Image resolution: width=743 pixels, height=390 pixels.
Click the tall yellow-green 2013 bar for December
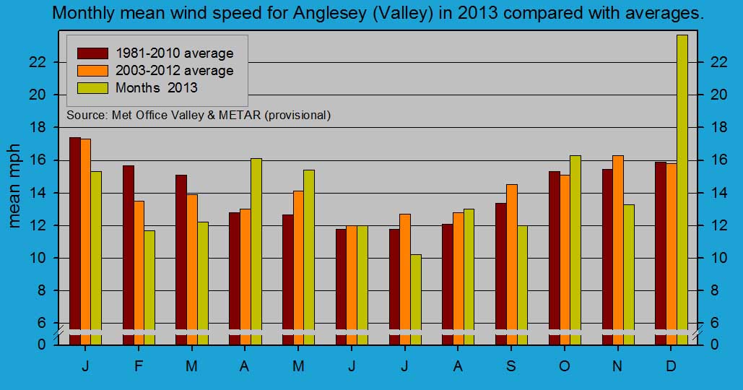point(682,188)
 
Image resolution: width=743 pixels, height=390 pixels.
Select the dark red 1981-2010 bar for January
point(75,238)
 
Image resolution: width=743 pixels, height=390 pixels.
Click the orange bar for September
point(511,264)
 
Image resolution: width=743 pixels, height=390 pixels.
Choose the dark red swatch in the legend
point(92,53)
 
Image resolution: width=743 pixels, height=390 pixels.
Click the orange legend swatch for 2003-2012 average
point(92,70)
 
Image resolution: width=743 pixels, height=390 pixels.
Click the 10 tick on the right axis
point(710,258)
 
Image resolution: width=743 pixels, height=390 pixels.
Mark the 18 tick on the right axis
point(710,127)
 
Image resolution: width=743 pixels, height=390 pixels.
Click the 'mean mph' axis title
point(15,190)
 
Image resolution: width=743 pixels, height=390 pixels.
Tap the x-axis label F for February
point(139,366)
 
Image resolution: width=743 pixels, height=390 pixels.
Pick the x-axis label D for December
point(671,366)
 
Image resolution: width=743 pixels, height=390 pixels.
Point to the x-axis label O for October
point(565,366)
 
